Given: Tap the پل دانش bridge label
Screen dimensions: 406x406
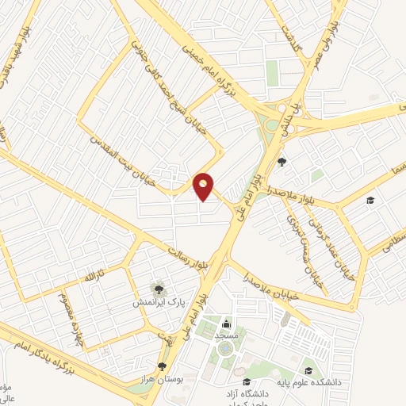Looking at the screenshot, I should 296,107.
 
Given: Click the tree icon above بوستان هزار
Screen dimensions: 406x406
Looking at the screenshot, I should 163,366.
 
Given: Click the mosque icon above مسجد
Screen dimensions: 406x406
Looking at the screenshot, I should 228,324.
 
